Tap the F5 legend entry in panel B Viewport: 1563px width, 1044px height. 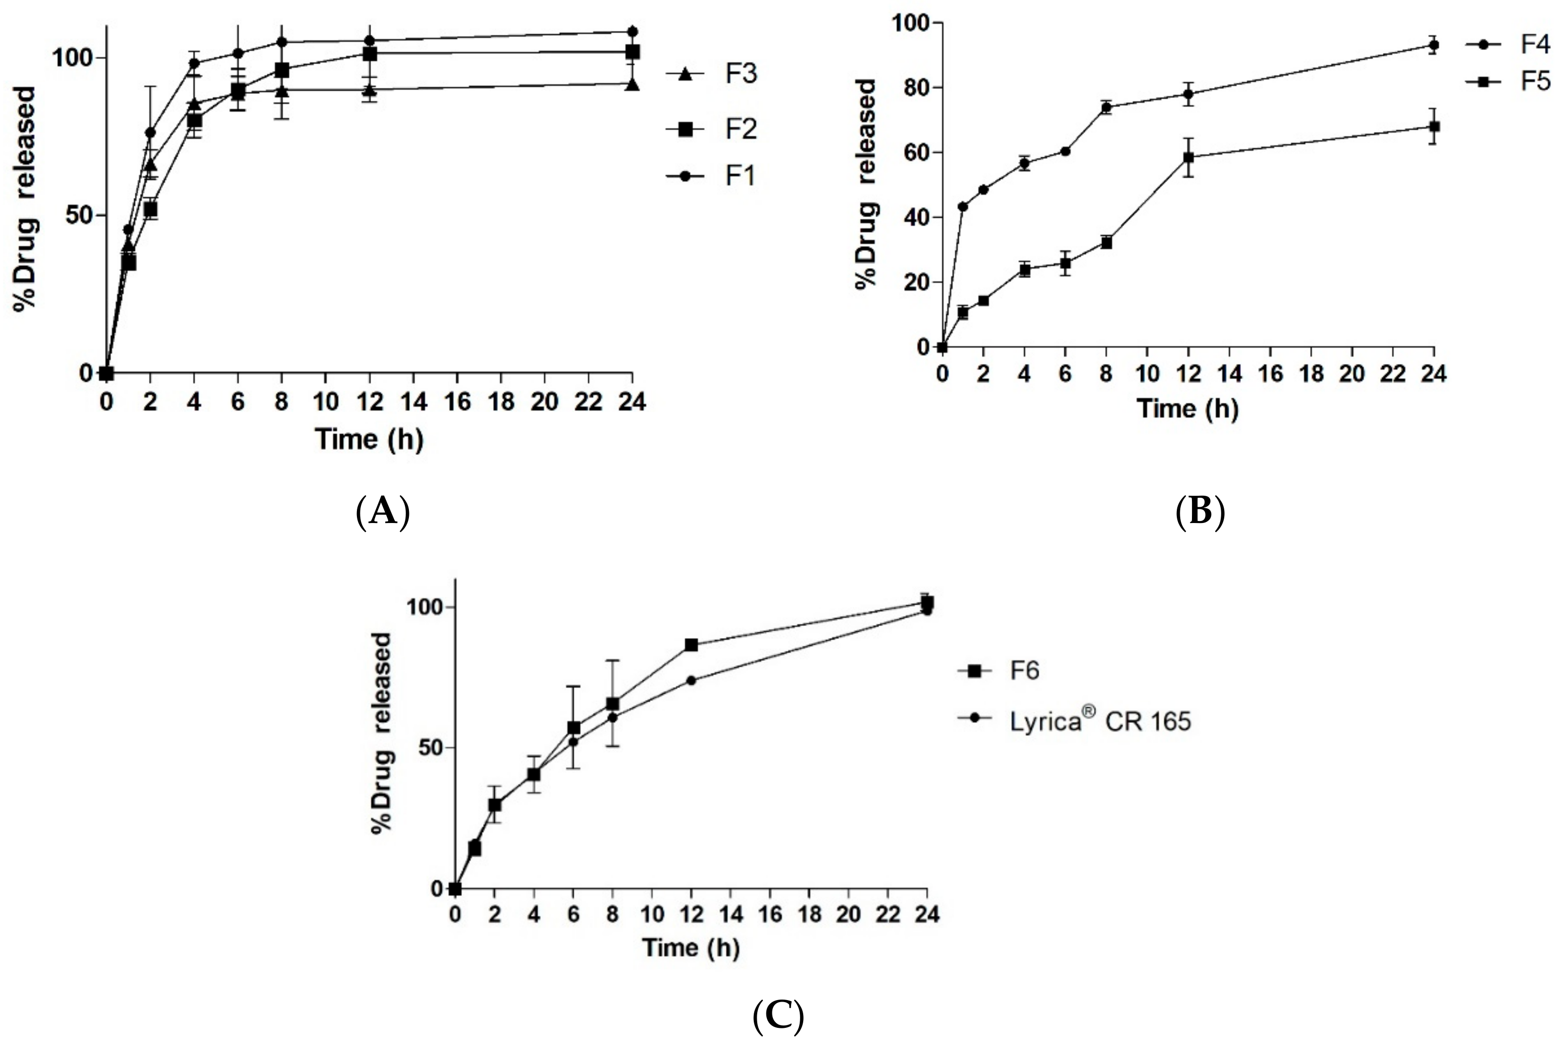point(1508,81)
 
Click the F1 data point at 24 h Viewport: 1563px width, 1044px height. point(633,31)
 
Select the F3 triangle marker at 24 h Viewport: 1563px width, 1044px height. point(633,84)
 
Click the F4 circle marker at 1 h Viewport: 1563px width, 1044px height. point(963,206)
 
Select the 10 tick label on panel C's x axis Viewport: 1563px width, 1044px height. point(652,914)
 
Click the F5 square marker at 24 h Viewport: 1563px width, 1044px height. point(1434,127)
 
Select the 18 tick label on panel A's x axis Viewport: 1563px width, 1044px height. point(501,402)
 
